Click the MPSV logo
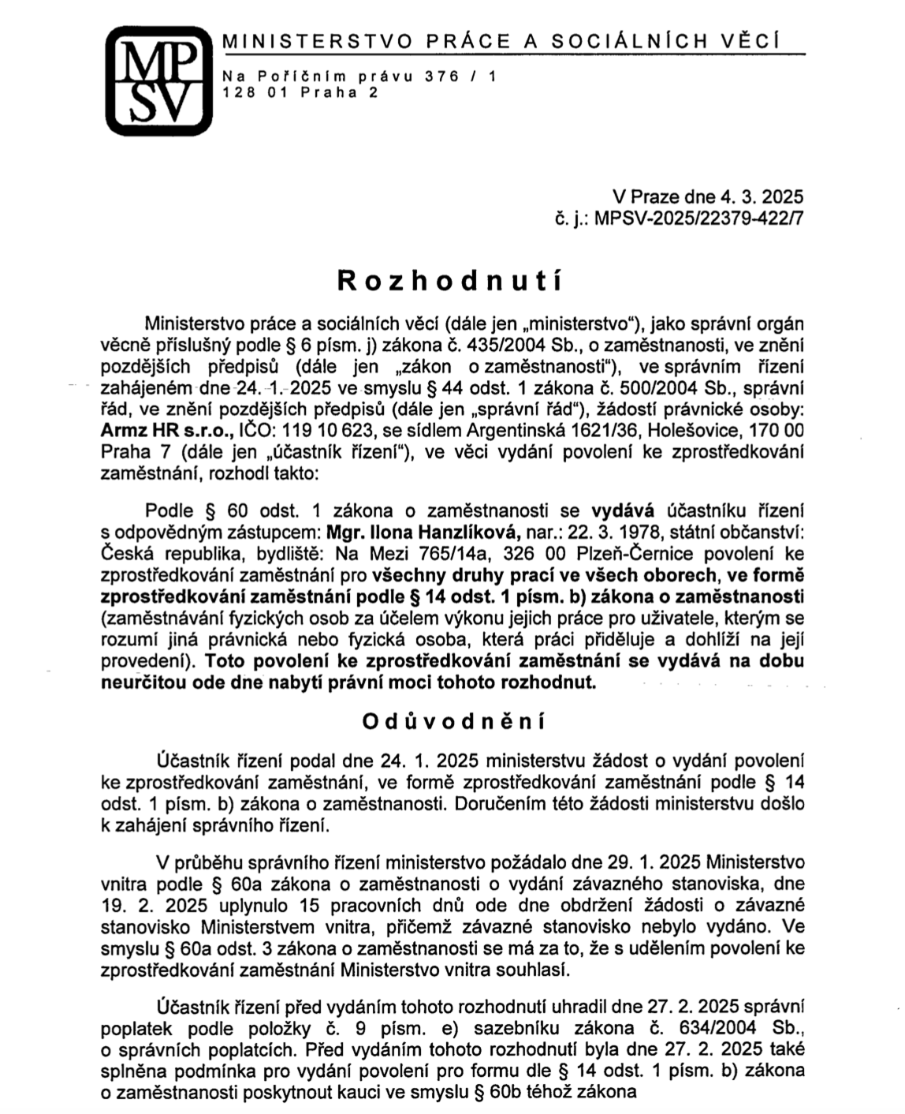point(159,80)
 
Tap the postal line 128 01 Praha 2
point(301,92)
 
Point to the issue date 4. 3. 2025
point(760,196)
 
